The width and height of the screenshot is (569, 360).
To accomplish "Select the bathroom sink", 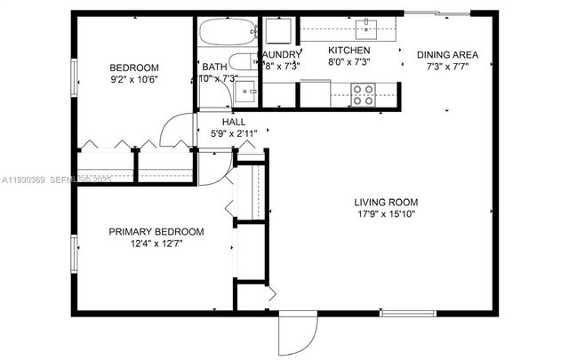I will tap(249, 90).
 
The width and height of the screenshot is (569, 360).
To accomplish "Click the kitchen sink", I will tap(365, 29).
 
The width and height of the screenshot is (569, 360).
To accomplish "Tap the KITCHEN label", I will tap(349, 51).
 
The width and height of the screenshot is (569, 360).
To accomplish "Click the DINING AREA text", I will tap(447, 54).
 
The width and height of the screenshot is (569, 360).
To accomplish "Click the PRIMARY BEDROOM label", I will tap(156, 232).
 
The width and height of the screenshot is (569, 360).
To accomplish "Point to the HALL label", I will tap(234, 122).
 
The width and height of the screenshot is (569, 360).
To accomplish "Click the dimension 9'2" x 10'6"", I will tap(134, 80).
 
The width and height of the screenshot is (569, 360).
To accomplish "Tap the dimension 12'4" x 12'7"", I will tap(156, 244).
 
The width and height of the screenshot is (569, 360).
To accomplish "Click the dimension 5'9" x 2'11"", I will tap(234, 134).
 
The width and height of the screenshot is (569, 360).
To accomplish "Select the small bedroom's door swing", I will tap(175, 131).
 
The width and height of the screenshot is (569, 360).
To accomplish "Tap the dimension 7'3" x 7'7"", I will tap(447, 67).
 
